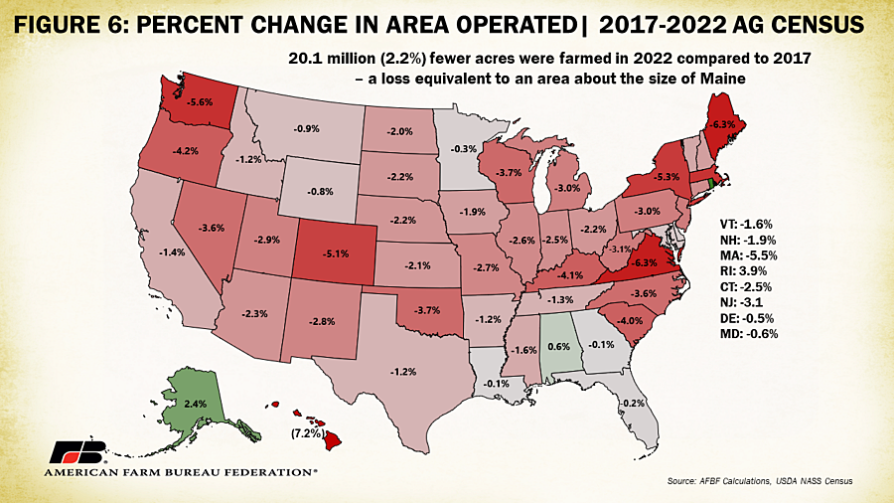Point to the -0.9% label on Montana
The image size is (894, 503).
(306, 129)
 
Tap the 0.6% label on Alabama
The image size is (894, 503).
(558, 347)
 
